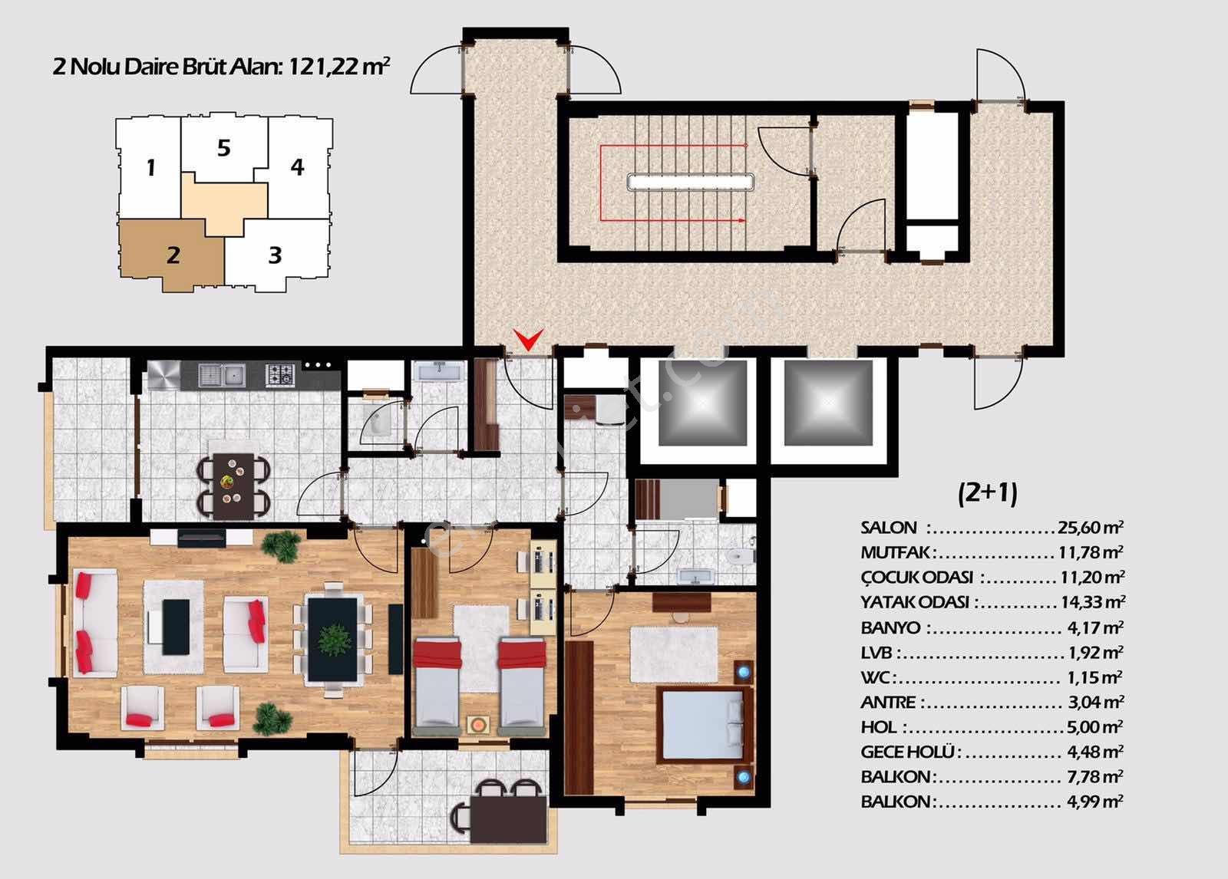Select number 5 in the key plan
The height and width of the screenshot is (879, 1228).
click(x=223, y=148)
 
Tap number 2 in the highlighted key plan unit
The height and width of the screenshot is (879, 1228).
click(x=173, y=255)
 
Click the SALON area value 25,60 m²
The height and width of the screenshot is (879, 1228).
click(x=1091, y=527)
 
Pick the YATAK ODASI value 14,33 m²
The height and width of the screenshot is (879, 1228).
click(x=1093, y=602)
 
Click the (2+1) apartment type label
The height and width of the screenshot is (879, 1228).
click(x=987, y=492)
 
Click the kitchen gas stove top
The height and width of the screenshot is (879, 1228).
click(x=280, y=375)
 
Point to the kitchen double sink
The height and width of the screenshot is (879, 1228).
click(x=222, y=375)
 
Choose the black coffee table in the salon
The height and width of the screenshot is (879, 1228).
click(x=176, y=627)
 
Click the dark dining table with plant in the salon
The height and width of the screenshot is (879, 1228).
click(x=332, y=639)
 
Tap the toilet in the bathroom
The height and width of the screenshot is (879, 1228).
click(x=741, y=557)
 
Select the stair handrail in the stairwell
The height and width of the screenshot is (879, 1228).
click(x=691, y=181)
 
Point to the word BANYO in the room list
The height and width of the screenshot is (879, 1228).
click(x=890, y=627)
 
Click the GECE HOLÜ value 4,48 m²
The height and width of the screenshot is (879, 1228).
click(x=1094, y=752)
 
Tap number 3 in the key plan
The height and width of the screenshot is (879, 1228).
click(x=276, y=255)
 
